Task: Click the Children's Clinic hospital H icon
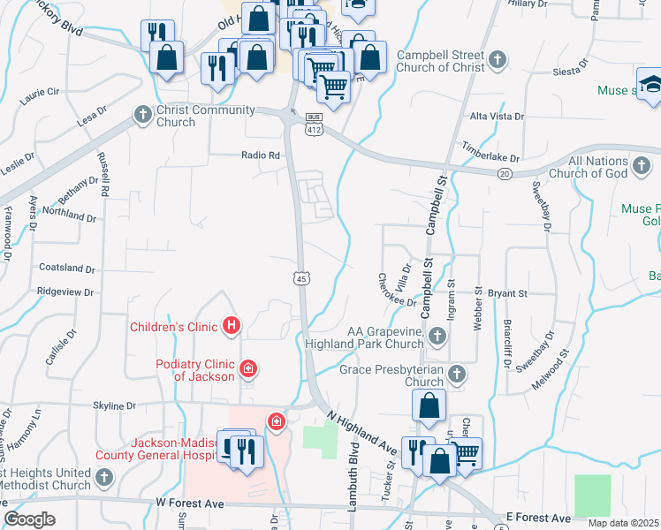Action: (232, 326)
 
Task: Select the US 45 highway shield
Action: (301, 278)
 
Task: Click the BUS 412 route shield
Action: (314, 125)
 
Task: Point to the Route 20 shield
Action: (504, 174)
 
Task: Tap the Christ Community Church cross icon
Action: (142, 115)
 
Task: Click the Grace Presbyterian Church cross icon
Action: (456, 374)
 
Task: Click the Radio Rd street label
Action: (261, 155)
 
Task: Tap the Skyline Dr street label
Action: (118, 405)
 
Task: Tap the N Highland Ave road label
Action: (362, 433)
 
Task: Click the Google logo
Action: (29, 519)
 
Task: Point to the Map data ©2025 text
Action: (624, 523)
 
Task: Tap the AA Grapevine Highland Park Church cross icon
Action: (437, 336)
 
